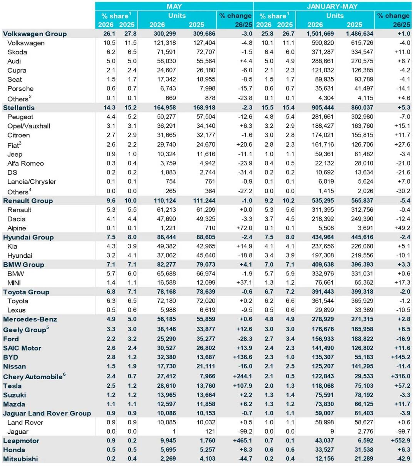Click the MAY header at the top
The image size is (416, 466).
(x=174, y=6)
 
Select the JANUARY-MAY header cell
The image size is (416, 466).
(x=332, y=6)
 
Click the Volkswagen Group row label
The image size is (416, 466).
(x=35, y=34)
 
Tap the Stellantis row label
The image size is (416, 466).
(x=19, y=108)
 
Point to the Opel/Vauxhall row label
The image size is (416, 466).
(x=29, y=126)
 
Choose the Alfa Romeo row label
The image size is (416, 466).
(x=25, y=163)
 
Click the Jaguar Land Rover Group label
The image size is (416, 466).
(x=47, y=413)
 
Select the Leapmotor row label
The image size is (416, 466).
(x=21, y=441)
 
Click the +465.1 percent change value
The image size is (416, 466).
(x=242, y=441)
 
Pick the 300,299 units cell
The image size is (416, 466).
(x=165, y=34)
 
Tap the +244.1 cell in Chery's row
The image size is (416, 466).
(x=242, y=376)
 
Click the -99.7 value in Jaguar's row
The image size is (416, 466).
(x=403, y=431)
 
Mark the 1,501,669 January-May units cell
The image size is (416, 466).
(x=320, y=34)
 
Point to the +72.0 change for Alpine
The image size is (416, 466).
(x=244, y=228)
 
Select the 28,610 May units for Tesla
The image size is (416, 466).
(x=166, y=386)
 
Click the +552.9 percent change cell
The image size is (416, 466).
(x=400, y=441)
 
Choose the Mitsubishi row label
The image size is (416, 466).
(x=20, y=459)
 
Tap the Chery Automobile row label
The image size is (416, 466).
(x=33, y=377)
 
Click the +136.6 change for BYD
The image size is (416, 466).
(x=242, y=357)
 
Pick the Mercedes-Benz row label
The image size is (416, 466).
(x=30, y=319)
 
